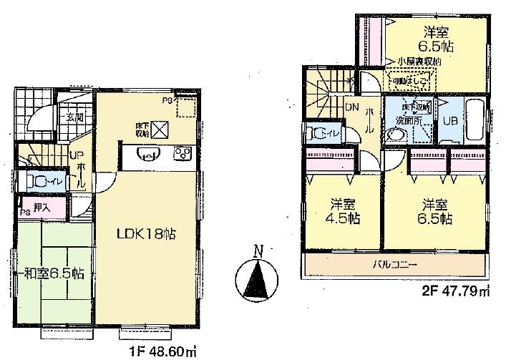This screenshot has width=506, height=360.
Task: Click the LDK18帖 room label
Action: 147,234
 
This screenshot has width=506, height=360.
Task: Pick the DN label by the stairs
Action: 351,107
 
